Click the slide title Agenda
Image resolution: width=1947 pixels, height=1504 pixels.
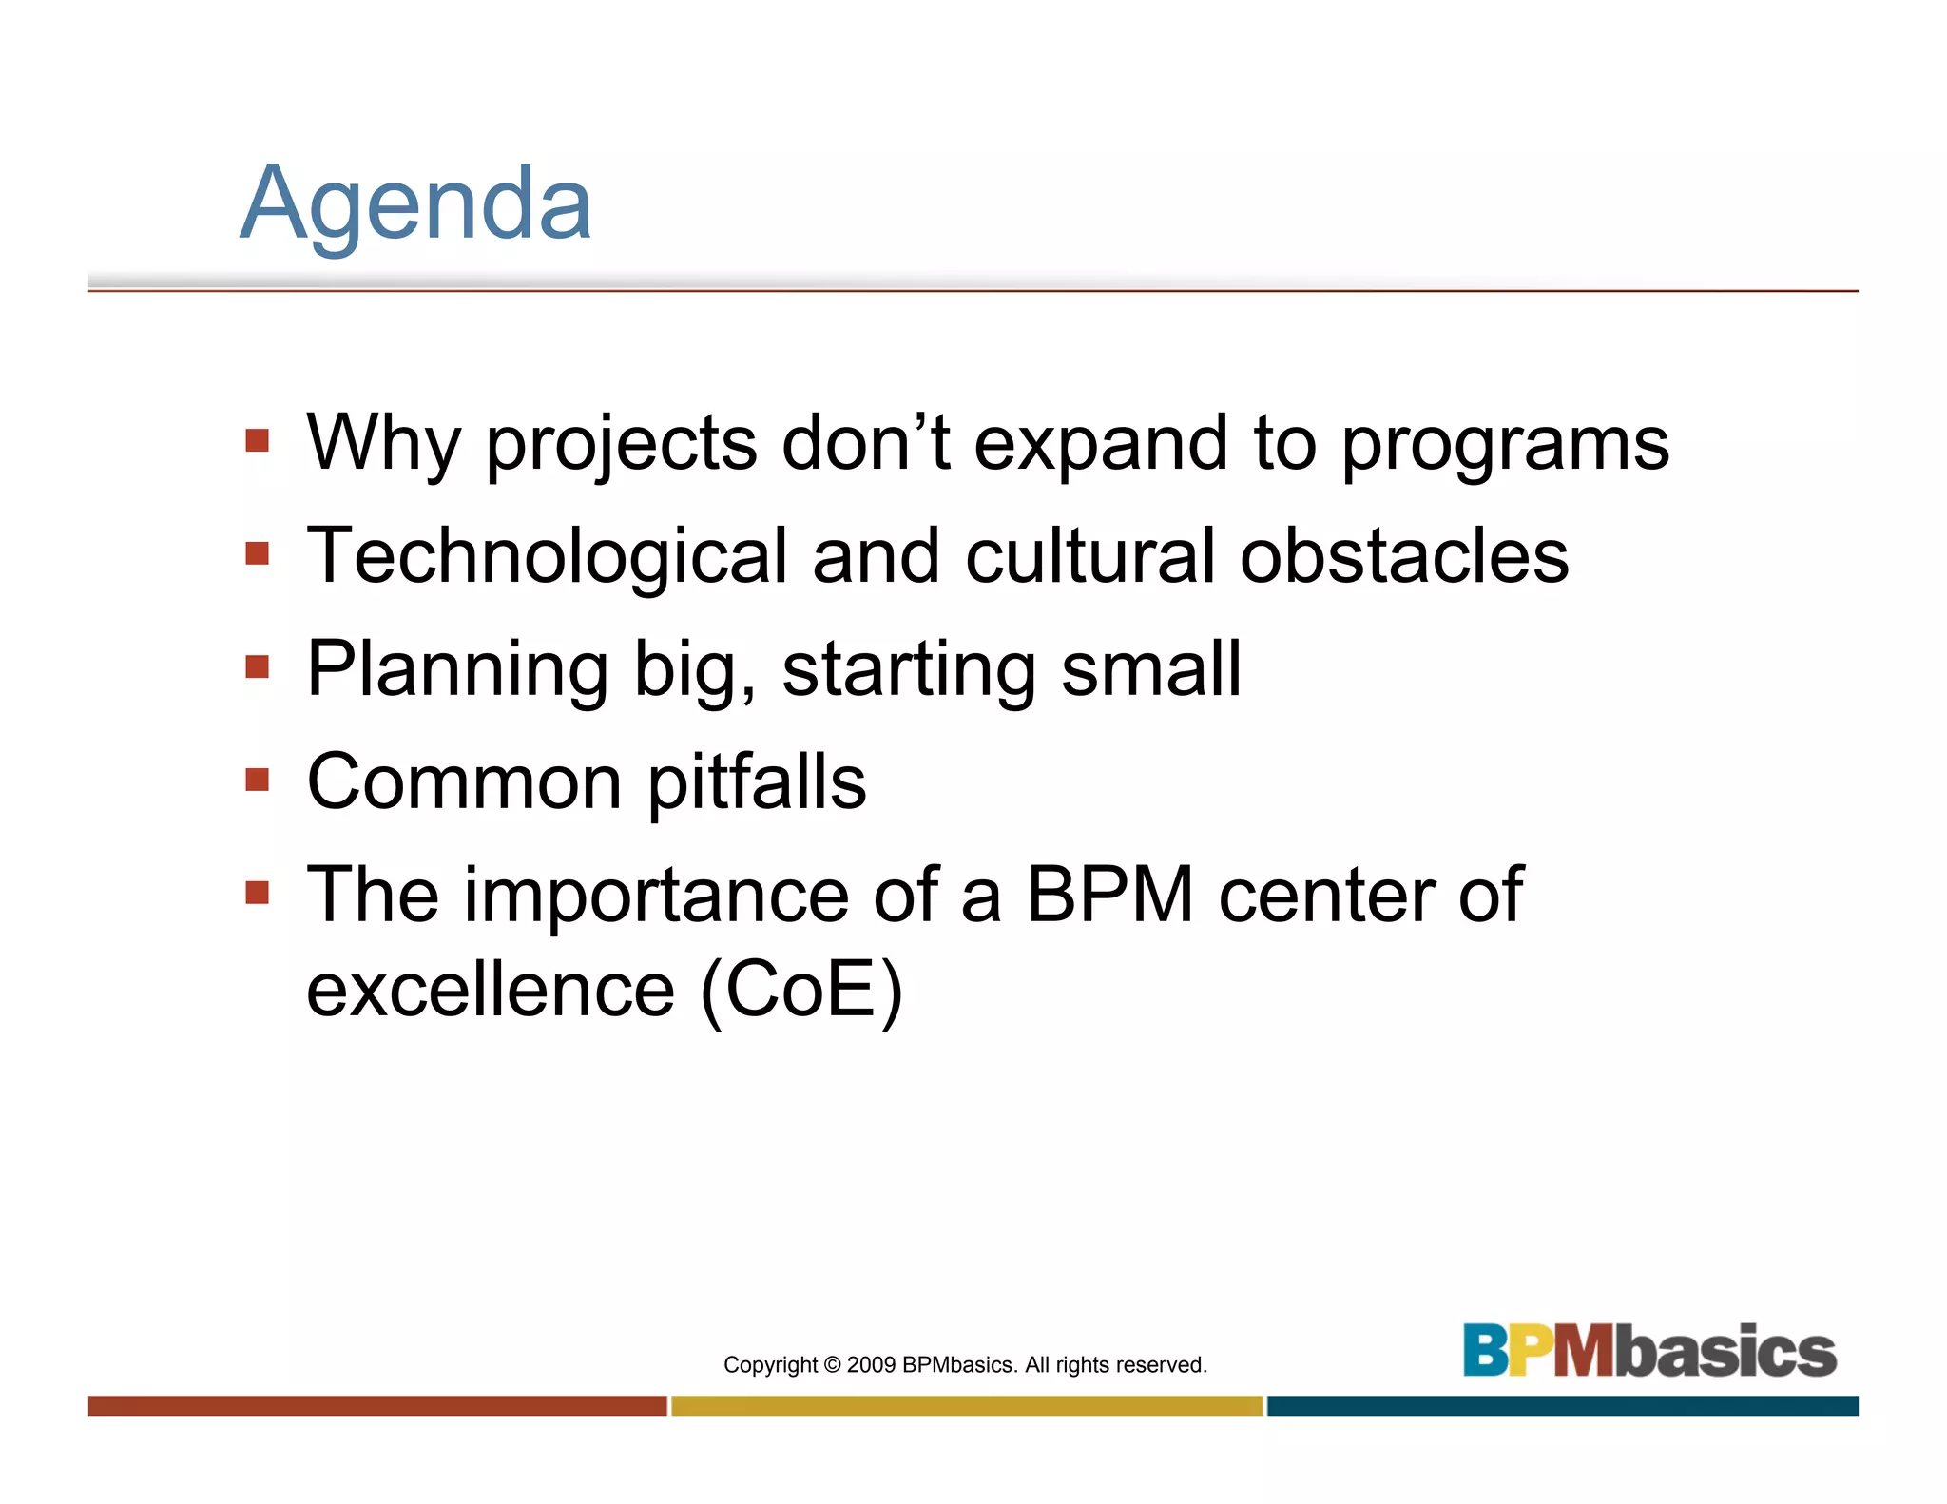tap(415, 204)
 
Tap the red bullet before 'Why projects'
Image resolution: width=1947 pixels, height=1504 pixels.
tap(257, 440)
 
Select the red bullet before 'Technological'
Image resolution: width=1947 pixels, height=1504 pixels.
tap(257, 553)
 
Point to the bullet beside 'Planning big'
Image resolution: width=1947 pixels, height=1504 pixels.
tap(257, 666)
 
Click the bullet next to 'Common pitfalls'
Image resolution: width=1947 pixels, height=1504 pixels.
tap(257, 780)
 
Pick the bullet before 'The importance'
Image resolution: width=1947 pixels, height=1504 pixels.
tap(257, 893)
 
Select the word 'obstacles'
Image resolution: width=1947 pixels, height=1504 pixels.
tap(1404, 556)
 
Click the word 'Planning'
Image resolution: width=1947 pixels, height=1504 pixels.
tap(457, 671)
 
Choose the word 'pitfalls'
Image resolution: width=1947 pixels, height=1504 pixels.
tap(757, 782)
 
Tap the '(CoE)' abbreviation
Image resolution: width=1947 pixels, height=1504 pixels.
tap(800, 991)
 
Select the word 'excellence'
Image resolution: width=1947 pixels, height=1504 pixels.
tap(491, 990)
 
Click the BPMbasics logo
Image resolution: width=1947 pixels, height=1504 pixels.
tap(1649, 1350)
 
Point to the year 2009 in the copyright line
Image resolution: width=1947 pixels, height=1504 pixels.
tap(871, 1365)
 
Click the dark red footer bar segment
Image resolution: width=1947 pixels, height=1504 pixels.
tap(377, 1405)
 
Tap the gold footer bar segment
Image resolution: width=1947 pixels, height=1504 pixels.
tap(967, 1405)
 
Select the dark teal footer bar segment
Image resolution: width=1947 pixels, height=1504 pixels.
tap(1562, 1405)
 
